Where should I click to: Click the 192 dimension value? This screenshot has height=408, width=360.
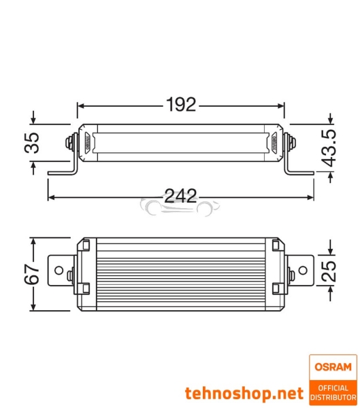pyautogui.click(x=180, y=105)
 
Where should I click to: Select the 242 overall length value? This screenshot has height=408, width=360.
pyautogui.click(x=180, y=197)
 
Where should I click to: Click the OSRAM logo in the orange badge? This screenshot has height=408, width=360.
pyautogui.click(x=333, y=367)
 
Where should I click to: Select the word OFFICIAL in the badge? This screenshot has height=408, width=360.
pyautogui.click(x=333, y=388)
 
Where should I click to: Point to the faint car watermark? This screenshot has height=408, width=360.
pyautogui.click(x=180, y=205)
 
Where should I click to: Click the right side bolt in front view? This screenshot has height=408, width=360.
pyautogui.click(x=291, y=143)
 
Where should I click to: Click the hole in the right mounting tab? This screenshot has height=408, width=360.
pyautogui.click(x=303, y=263)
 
